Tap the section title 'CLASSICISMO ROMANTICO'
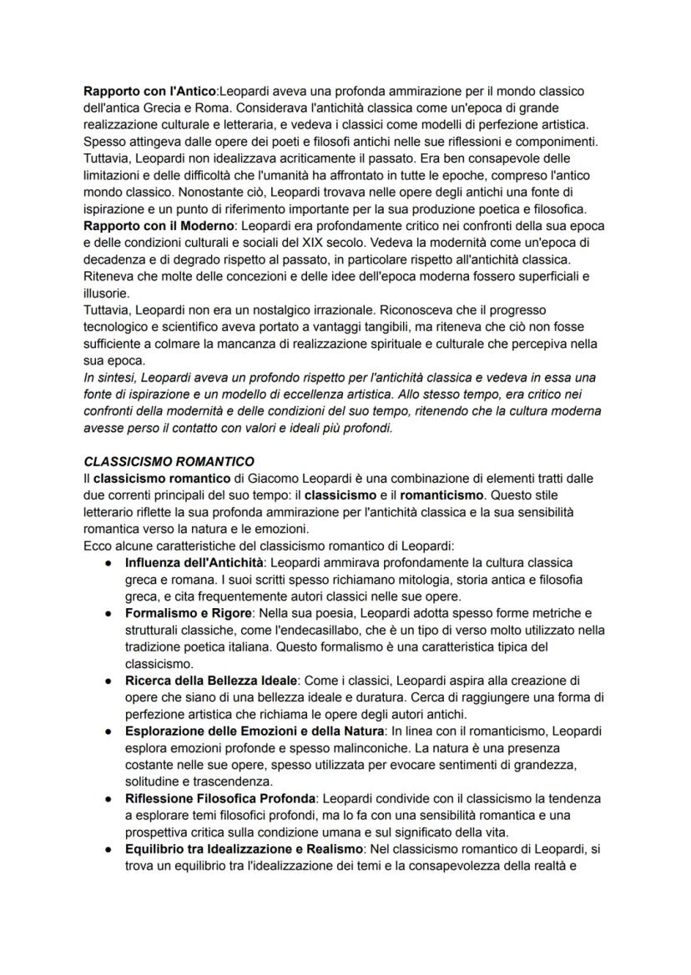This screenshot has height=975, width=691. point(169,461)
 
